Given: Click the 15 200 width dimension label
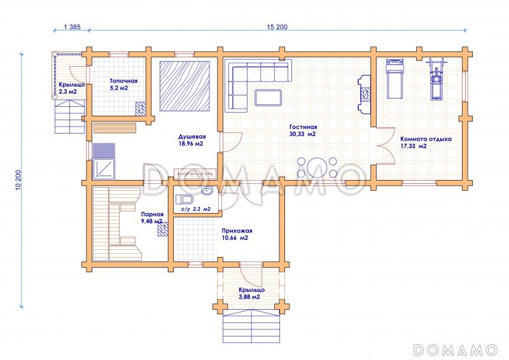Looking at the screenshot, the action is (277, 27).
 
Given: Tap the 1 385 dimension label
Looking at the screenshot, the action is (72, 27).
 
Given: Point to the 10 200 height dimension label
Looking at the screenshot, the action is (18, 180).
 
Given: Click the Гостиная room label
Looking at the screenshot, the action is (303, 127).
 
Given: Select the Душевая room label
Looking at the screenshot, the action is (192, 137).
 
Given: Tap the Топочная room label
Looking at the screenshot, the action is (123, 81).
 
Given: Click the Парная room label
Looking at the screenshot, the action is (152, 214).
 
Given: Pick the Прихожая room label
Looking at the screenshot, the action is (237, 231).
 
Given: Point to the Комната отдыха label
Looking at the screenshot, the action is (426, 139).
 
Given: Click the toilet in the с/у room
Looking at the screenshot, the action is (184, 198).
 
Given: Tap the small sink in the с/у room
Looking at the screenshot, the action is (207, 191).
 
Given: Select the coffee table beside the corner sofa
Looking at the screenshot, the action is (268, 97).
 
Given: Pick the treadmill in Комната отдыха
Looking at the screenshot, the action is (394, 78).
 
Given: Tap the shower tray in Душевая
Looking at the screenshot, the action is (104, 169).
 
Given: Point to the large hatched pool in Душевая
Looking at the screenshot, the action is (185, 87).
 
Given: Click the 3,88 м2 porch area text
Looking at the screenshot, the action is (249, 296).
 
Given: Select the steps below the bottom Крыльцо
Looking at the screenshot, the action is (251, 326).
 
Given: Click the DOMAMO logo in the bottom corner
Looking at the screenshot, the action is (455, 350).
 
